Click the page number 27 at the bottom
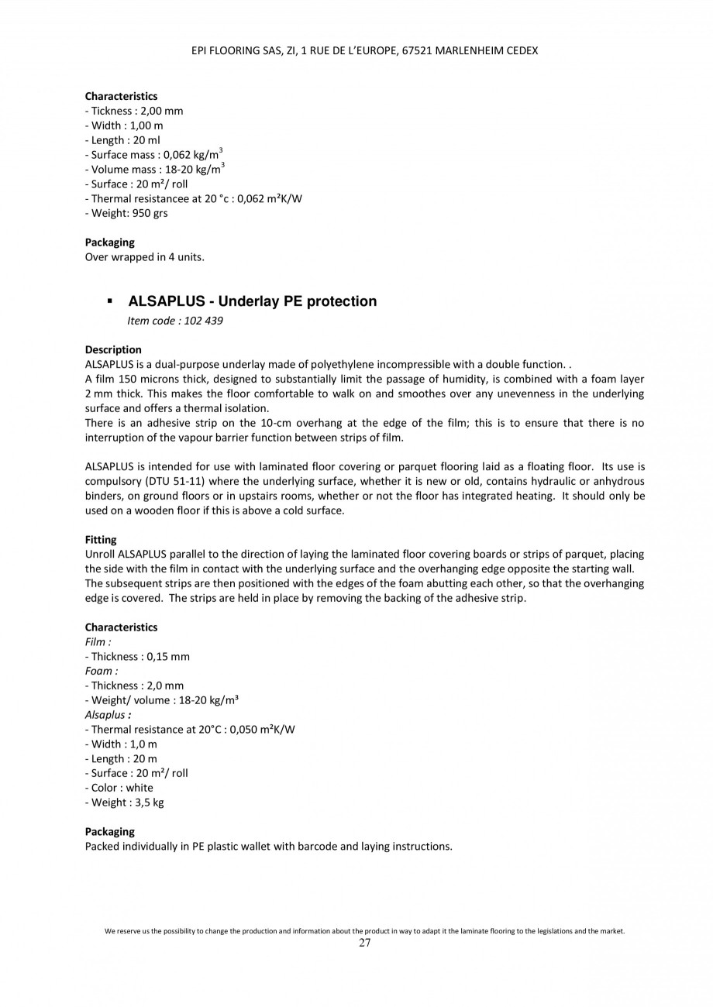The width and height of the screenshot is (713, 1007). click(364, 943)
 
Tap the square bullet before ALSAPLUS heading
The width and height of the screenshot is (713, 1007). click(110, 301)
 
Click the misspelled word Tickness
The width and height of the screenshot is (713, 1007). click(112, 111)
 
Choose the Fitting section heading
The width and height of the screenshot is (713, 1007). click(101, 539)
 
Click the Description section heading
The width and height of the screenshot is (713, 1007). click(113, 349)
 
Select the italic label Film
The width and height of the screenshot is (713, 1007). click(98, 641)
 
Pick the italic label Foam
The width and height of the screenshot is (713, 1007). click(101, 671)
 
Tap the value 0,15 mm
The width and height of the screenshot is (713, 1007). click(168, 656)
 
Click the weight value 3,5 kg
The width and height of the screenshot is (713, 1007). click(149, 803)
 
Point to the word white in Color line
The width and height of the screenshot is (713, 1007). click(139, 788)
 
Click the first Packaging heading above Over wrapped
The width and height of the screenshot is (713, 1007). click(109, 242)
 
